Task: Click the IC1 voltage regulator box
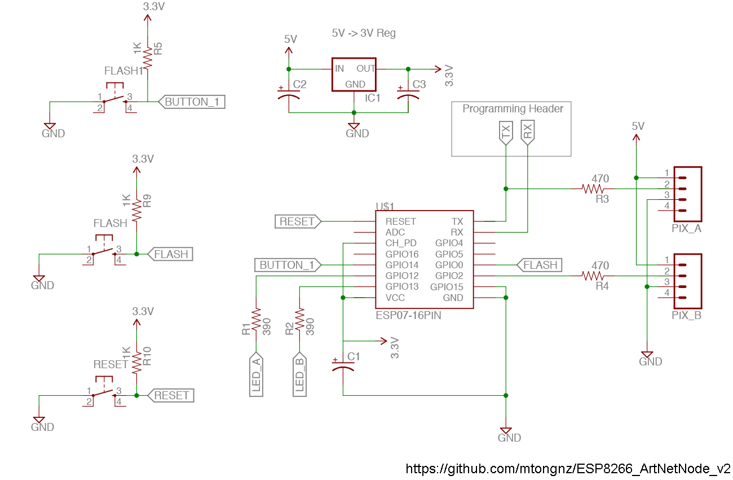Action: coord(354,75)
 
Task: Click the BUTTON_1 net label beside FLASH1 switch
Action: coord(193,102)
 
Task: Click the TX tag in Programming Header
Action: coord(506,133)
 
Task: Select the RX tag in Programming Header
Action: coord(527,133)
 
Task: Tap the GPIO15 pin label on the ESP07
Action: coord(447,287)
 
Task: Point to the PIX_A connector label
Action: coord(686,229)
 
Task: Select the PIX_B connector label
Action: coord(686,316)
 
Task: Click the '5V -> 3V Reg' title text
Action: coord(364,33)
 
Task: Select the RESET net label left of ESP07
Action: coord(297,221)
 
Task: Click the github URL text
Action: coord(568,469)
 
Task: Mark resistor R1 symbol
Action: coord(256,320)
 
